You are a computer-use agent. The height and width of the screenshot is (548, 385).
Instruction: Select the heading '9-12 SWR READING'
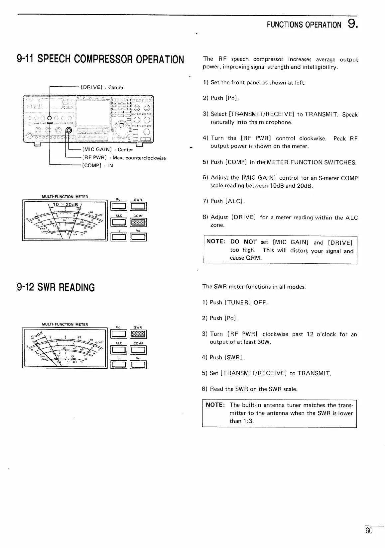point(56,287)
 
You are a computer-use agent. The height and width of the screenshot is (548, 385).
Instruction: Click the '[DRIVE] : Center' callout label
point(102,87)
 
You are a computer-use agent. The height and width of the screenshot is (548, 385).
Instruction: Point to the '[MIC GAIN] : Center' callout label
point(107,149)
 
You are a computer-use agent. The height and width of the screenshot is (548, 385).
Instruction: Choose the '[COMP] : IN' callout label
point(97,165)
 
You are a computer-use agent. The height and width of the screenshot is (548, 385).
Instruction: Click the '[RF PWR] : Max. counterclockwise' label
point(124,158)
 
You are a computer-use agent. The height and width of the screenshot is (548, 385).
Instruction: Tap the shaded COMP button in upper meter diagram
point(139,222)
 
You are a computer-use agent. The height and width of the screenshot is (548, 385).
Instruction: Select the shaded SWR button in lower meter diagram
point(139,334)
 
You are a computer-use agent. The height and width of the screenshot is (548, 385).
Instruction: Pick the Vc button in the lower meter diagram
point(139,365)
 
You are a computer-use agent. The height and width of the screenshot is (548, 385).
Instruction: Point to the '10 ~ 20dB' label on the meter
point(65,204)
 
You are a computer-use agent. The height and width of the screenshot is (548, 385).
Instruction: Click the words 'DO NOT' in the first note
point(243,242)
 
